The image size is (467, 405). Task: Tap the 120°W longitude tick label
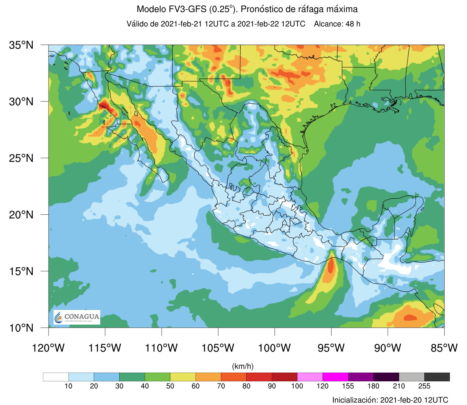tap(48, 348)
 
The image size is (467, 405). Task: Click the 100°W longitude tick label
tap(275, 348)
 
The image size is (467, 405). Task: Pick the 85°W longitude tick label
tap(444, 348)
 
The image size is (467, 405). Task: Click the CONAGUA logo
tap(77, 317)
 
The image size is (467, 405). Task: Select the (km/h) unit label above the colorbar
tap(243, 366)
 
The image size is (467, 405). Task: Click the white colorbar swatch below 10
tap(56, 377)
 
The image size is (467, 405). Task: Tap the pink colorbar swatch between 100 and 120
tap(310, 377)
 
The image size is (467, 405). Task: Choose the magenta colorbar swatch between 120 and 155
tap(335, 377)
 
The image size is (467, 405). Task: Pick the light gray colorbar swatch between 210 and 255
tap(412, 377)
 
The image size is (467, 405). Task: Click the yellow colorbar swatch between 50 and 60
tap(183, 377)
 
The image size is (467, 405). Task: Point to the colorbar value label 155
tap(348, 386)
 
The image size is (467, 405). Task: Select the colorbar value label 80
tap(246, 386)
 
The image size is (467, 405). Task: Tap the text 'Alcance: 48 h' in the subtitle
tap(337, 24)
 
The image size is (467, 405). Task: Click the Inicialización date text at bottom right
tap(390, 400)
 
